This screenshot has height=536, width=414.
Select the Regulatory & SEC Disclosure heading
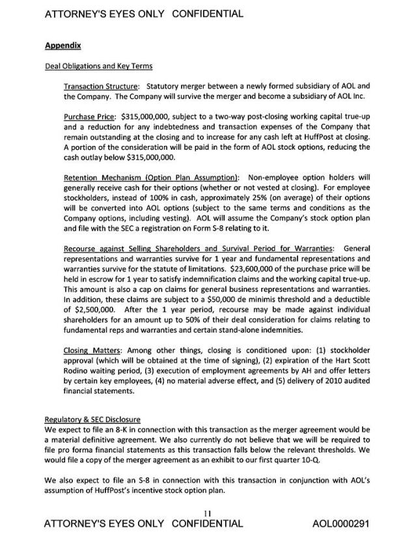click(93, 419)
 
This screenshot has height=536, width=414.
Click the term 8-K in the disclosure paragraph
click(115, 429)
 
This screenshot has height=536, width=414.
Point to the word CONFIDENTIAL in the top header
click(208, 14)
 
